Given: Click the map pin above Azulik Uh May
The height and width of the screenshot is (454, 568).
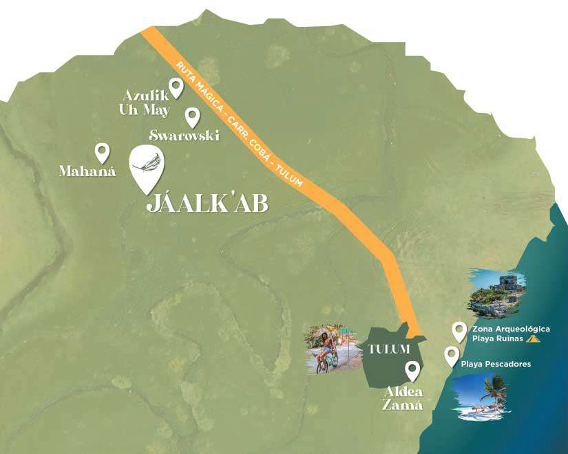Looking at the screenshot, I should click(176, 87).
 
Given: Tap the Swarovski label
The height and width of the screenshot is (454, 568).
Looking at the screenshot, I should click(184, 136).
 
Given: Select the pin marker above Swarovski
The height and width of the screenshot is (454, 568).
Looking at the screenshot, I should click(193, 116).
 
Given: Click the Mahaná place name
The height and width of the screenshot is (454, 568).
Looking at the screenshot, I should click(87, 170).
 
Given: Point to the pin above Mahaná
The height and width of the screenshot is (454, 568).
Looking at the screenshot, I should click(102, 152).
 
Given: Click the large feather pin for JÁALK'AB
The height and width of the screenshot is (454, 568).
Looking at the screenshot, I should click(147, 167).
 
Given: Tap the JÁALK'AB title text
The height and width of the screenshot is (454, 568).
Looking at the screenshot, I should click(207, 204).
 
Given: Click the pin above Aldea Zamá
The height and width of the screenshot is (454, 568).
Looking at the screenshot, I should click(412, 370).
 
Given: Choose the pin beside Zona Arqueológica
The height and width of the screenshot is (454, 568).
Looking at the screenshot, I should click(459, 332).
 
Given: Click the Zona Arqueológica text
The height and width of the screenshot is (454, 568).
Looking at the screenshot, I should click(510, 329).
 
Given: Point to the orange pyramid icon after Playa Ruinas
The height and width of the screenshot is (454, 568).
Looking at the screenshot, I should click(532, 339).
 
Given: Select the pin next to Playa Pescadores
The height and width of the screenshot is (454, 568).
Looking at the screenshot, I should click(452, 356).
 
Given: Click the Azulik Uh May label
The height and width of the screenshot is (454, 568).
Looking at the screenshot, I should click(146, 102).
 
